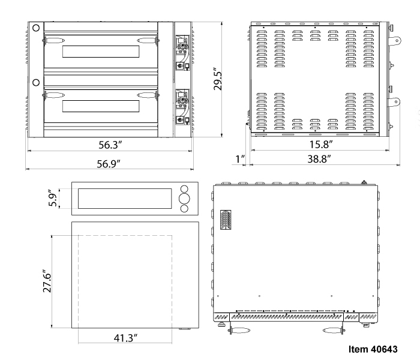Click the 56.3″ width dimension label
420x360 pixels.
(110, 145)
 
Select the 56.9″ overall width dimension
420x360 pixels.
(109, 164)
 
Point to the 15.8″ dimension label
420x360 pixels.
(321, 145)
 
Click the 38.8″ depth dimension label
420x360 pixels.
(319, 159)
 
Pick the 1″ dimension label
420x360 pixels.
(240, 159)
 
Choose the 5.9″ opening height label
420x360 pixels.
(53, 198)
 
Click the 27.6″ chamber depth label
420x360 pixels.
(47, 281)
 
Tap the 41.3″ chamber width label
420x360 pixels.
(125, 338)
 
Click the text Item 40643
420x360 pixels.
(373, 349)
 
